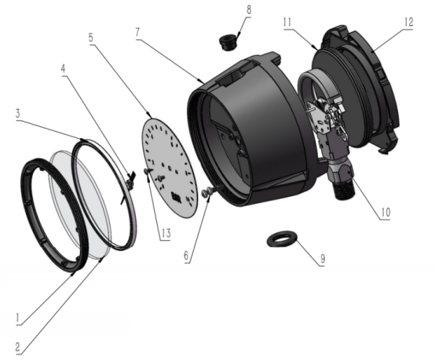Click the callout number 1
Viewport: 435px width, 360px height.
click(x=18, y=318)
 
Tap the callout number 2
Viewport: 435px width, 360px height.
click(x=17, y=347)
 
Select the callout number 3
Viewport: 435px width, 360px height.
click(x=18, y=114)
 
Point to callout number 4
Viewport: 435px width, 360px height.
click(x=64, y=68)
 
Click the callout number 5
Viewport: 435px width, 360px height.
click(x=91, y=38)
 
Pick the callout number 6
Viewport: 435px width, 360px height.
click(x=186, y=256)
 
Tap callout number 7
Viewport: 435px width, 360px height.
click(x=137, y=32)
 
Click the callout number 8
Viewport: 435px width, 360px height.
click(x=249, y=9)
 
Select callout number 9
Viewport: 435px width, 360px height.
click(x=323, y=259)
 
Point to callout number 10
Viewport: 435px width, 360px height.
click(x=386, y=212)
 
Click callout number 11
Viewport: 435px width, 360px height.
click(x=287, y=22)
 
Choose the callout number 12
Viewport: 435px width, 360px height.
click(x=408, y=22)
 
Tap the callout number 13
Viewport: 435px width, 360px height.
click(x=166, y=233)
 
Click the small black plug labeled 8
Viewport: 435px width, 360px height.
click(x=227, y=42)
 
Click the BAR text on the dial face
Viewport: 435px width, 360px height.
click(x=175, y=196)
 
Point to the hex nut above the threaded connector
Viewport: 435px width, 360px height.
click(x=341, y=171)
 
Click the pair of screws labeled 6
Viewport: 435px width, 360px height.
click(x=209, y=191)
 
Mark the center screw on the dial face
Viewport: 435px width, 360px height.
click(x=160, y=176)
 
